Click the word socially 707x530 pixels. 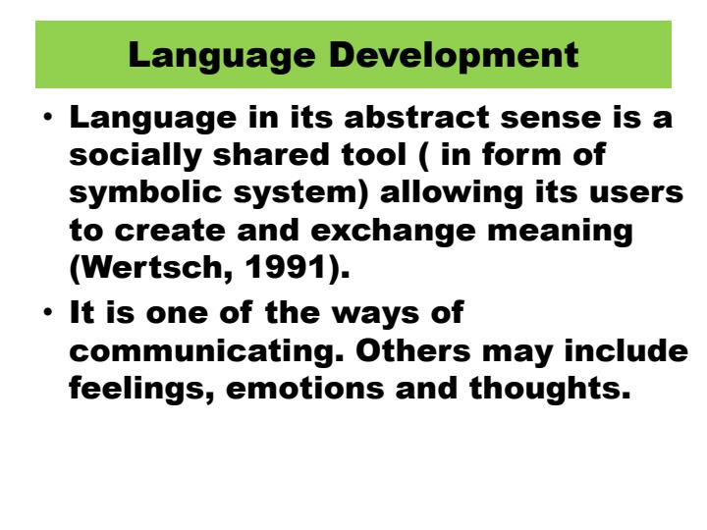coord(134,157)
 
